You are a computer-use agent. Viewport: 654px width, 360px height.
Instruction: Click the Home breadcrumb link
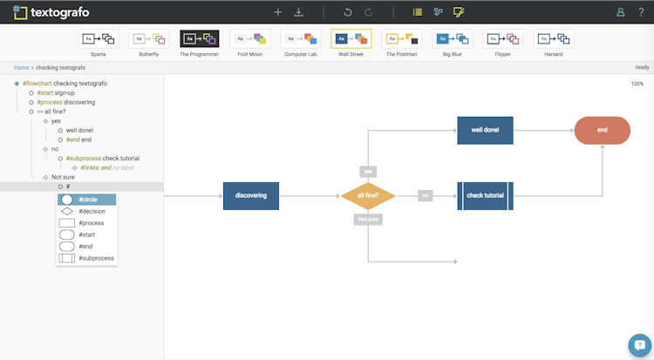tap(21, 67)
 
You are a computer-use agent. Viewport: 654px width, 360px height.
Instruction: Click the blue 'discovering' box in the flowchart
tap(251, 195)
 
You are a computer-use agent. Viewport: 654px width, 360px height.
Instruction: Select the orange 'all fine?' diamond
tap(368, 195)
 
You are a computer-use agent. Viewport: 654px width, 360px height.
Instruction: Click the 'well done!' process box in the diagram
tap(485, 130)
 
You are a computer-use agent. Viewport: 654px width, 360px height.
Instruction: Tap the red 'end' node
tap(602, 130)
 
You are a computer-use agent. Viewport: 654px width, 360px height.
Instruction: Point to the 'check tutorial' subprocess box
tap(485, 195)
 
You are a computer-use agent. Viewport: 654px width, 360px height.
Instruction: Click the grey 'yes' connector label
tap(368, 172)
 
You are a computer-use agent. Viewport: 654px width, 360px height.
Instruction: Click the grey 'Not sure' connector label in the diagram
tap(368, 219)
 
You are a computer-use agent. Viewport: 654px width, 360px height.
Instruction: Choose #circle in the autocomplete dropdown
tap(86, 200)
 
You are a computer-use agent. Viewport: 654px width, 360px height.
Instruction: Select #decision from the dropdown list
tap(86, 211)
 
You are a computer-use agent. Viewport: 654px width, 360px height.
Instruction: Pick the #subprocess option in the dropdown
tap(86, 258)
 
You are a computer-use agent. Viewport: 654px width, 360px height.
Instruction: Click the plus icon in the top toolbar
tap(278, 12)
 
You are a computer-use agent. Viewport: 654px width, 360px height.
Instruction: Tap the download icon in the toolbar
tap(299, 12)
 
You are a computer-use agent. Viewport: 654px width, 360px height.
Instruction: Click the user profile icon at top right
tap(620, 12)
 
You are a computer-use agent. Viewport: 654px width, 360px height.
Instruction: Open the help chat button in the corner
tap(641, 345)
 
